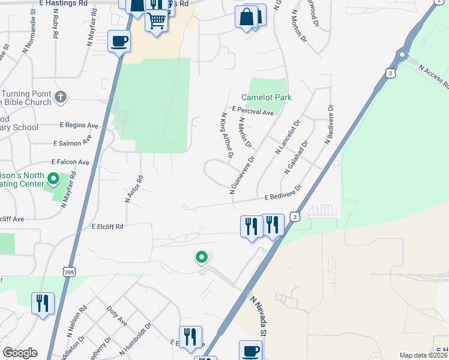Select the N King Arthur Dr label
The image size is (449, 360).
tap(226, 136)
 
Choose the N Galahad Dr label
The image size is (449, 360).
tap(296, 157)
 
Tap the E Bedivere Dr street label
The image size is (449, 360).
tap(282, 196)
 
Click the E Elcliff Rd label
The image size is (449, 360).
tap(107, 227)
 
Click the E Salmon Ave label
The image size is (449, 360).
tap(72, 143)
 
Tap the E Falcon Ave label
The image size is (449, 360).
tap(70, 162)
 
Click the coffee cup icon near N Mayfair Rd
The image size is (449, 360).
tap(119, 41)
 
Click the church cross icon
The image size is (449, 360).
tap(60, 97)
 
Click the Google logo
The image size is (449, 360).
tap(20, 353)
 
